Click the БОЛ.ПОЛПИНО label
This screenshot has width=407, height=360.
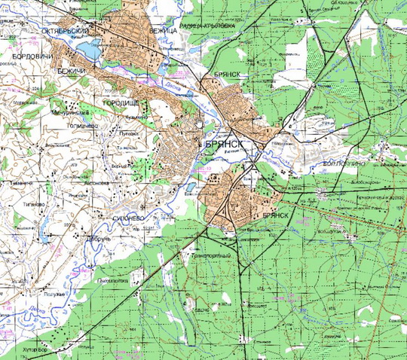coord(343,163)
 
